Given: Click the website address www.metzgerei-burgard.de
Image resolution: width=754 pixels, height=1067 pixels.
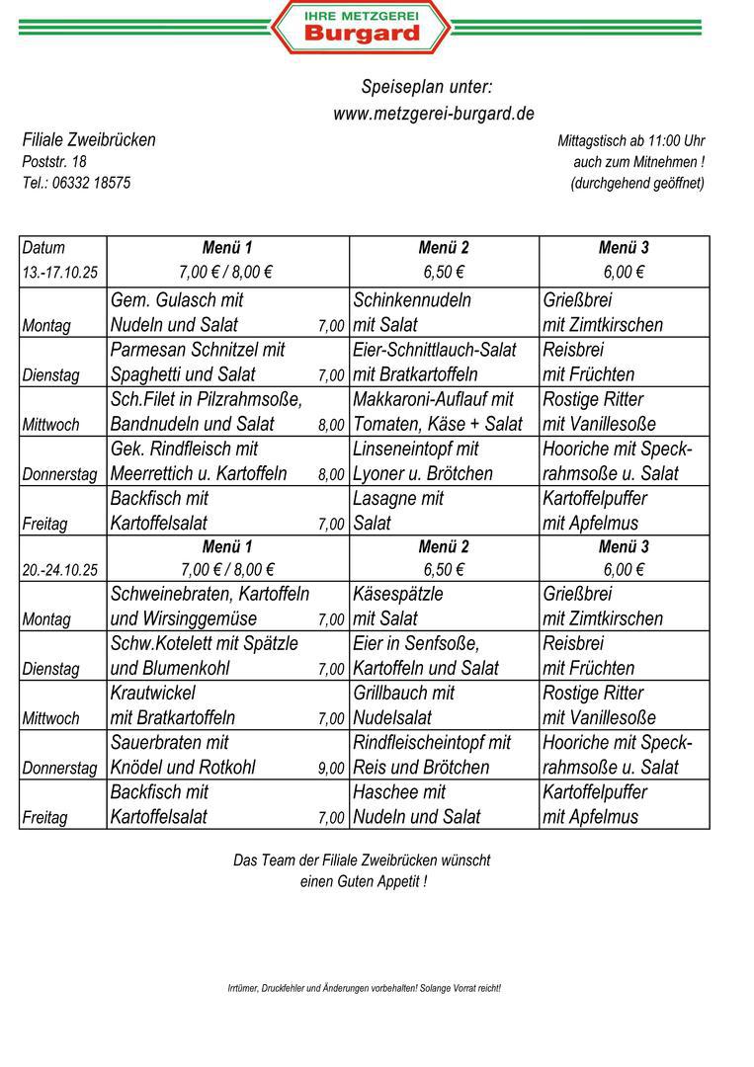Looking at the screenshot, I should click(x=434, y=114).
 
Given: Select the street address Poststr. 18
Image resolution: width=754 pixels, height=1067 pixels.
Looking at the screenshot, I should click(x=54, y=161).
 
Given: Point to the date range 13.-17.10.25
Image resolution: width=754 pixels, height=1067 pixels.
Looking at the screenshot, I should click(x=61, y=273).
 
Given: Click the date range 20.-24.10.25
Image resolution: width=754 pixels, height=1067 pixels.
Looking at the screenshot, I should click(x=61, y=569).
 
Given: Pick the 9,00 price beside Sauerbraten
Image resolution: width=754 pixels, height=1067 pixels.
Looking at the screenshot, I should click(x=331, y=769).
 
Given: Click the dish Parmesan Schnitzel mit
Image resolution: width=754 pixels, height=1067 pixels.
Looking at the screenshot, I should click(x=198, y=350).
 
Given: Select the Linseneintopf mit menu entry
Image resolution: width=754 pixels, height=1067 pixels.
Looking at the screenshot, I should click(x=416, y=449).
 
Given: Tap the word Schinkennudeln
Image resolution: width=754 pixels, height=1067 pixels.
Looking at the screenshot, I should click(x=412, y=300).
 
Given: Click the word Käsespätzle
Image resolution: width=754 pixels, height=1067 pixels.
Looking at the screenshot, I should click(x=398, y=594).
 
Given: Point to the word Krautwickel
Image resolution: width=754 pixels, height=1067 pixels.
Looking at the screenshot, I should click(x=153, y=693).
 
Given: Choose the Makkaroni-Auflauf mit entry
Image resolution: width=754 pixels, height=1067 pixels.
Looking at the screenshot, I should click(x=434, y=399).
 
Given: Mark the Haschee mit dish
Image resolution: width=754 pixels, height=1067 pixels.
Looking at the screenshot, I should click(x=399, y=791).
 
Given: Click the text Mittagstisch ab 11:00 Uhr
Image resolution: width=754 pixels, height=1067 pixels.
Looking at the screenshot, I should click(x=630, y=141).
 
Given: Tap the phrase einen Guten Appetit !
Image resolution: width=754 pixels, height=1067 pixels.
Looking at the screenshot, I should click(x=363, y=881).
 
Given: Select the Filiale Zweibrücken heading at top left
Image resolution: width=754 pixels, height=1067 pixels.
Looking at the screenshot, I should click(x=89, y=139).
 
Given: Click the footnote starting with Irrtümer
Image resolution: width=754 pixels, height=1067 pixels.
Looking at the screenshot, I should click(x=365, y=988).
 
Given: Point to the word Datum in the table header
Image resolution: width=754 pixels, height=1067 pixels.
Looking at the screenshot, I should click(x=43, y=248).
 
